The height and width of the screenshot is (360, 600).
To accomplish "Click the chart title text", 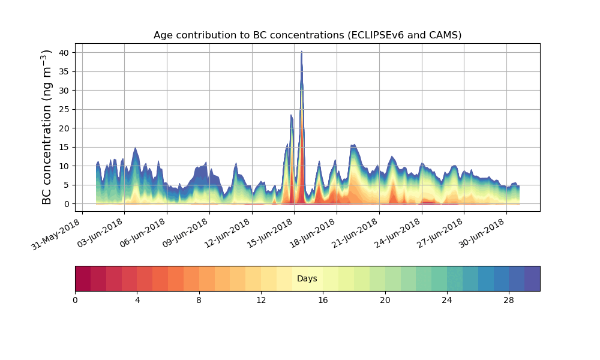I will [x=307, y=35].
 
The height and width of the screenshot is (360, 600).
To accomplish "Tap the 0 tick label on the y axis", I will [x=67, y=204].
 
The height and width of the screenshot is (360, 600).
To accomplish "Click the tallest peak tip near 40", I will [x=301, y=52].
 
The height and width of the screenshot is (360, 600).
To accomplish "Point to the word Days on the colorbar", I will [x=307, y=279].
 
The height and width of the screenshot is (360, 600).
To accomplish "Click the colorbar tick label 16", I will [x=323, y=300].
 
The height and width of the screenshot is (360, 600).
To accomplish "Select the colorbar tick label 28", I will [x=509, y=300].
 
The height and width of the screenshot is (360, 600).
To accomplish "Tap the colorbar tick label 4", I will [x=137, y=300].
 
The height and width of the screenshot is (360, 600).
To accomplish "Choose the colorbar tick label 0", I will [x=75, y=300].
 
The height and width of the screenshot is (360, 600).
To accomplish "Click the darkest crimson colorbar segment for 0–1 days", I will [x=83, y=278].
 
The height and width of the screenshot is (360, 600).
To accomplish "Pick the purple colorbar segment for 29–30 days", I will [x=532, y=278].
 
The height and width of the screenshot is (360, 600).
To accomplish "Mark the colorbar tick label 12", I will [x=261, y=300].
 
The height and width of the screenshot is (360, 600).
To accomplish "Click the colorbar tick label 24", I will [x=447, y=300].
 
